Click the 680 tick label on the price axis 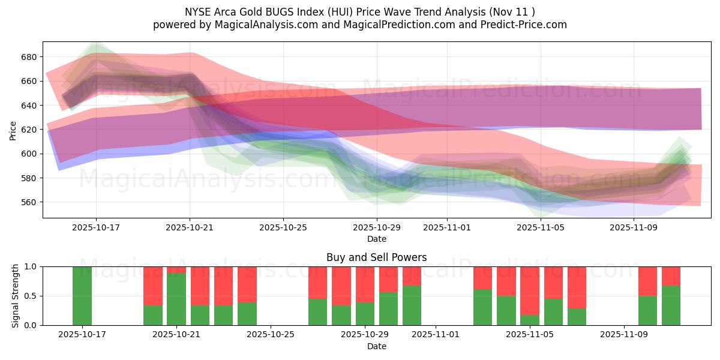click(x=29, y=57)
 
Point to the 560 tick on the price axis click(x=29, y=202)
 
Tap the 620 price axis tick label click(x=29, y=130)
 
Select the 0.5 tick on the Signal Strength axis click(x=30, y=296)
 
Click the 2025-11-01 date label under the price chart click(x=446, y=228)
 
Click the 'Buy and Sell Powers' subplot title click(x=376, y=257)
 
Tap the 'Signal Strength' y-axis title click(x=16, y=296)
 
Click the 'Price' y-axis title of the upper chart click(x=13, y=130)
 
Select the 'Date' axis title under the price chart click(x=376, y=239)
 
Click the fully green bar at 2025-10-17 click(x=82, y=296)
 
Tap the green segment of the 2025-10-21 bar click(x=176, y=299)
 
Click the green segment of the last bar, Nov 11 click(x=671, y=305)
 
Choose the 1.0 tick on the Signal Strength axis click(x=30, y=266)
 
